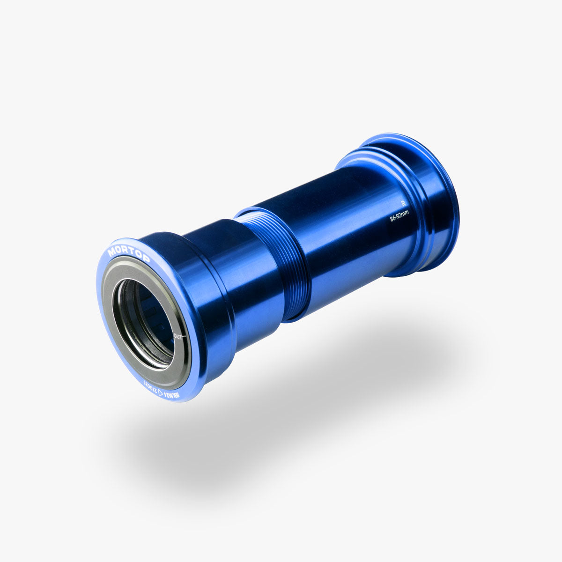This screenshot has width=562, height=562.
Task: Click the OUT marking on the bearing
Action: [x=178, y=336]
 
